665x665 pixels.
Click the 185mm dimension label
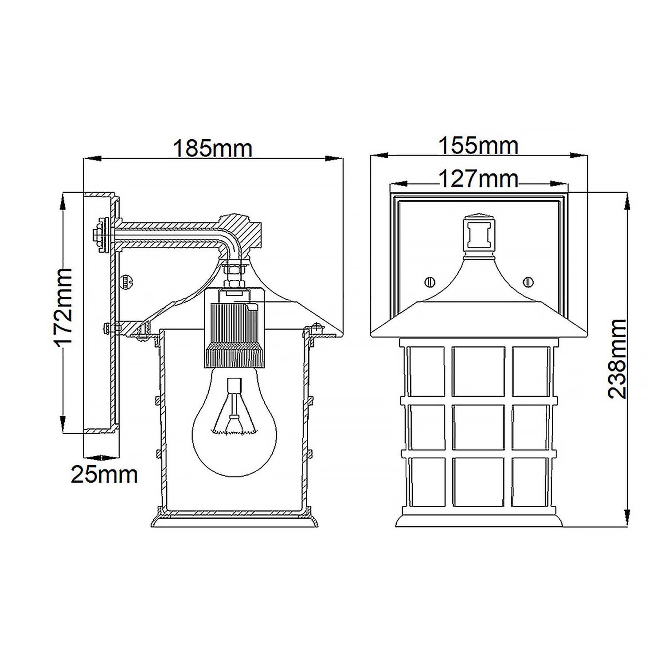point(212,149)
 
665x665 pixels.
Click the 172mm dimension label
point(63,306)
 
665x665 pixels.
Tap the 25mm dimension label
point(105,475)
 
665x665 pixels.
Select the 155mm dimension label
point(478,146)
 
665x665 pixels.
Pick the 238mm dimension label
point(617,359)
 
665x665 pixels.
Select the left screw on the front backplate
point(430,282)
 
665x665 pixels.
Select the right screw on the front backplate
point(528,282)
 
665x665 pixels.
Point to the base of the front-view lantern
point(479,520)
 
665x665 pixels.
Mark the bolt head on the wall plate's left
point(100,235)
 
